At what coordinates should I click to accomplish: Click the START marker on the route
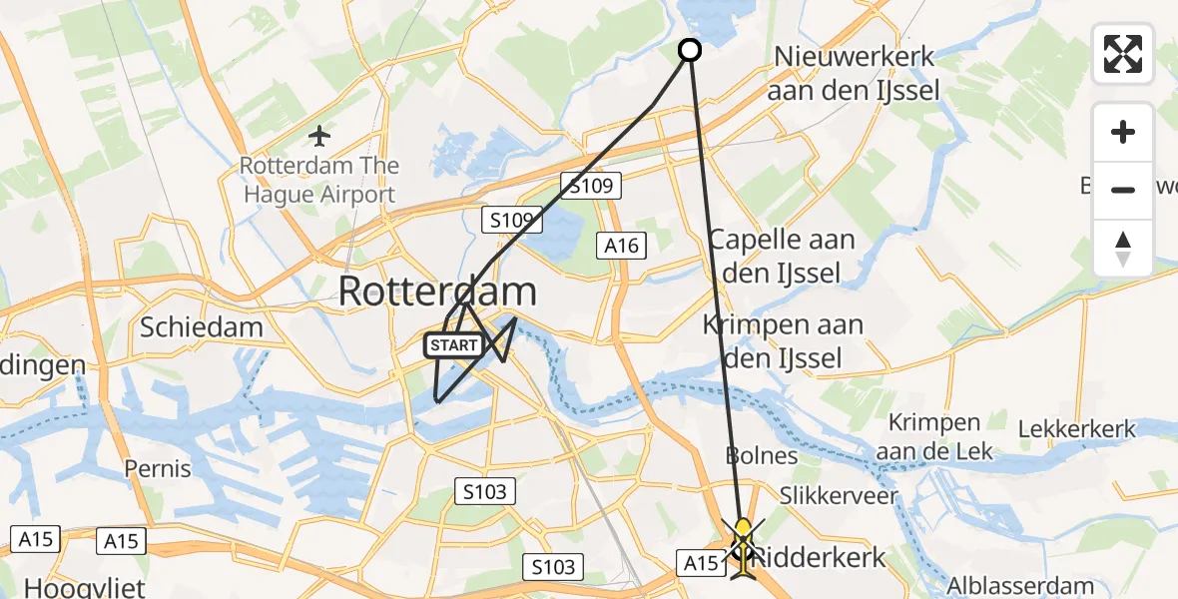[454, 346]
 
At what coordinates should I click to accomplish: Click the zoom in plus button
[1123, 133]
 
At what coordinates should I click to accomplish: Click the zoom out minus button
[1123, 190]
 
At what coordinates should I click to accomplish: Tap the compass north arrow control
[1123, 248]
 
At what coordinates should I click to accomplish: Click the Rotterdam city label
[437, 292]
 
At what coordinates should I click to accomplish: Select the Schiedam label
[202, 326]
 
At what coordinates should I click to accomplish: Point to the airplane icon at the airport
[319, 134]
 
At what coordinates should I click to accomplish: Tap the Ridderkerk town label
[819, 557]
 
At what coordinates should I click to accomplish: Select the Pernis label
[158, 467]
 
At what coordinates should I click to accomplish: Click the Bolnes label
[761, 456]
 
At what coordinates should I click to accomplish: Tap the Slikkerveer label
[825, 495]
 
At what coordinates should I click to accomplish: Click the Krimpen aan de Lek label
[934, 437]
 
